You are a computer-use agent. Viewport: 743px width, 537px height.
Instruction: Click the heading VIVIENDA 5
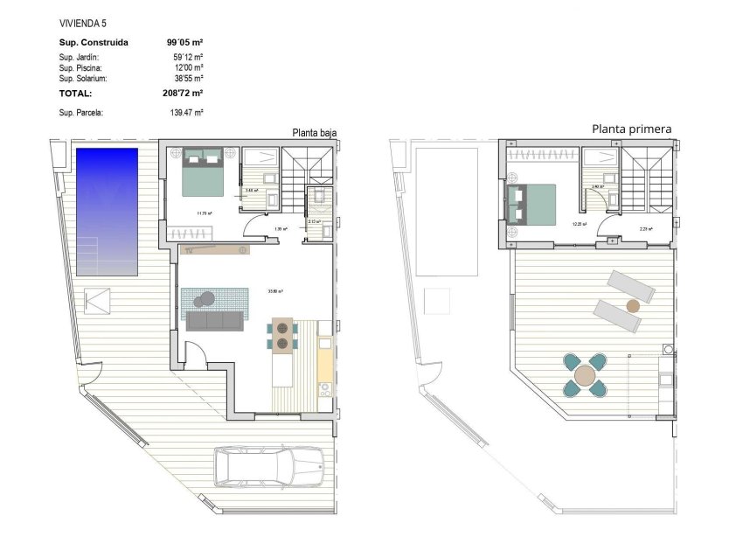84,23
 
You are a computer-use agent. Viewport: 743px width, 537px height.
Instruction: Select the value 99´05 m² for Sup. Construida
184,41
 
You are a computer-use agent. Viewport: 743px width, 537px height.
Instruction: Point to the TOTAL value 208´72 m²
184,92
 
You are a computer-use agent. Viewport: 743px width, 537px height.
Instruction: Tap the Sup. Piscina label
80,67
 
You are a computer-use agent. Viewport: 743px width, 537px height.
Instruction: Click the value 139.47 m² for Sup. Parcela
186,113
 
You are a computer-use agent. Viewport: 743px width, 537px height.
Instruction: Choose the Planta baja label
314,133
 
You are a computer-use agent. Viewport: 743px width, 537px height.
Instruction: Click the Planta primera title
631,129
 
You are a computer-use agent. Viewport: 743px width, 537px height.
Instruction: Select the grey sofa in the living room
212,321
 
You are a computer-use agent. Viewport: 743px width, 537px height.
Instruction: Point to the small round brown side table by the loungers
633,306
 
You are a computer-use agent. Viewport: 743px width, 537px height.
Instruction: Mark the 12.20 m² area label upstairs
578,224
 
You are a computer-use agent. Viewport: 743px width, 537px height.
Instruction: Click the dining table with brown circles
282,336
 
